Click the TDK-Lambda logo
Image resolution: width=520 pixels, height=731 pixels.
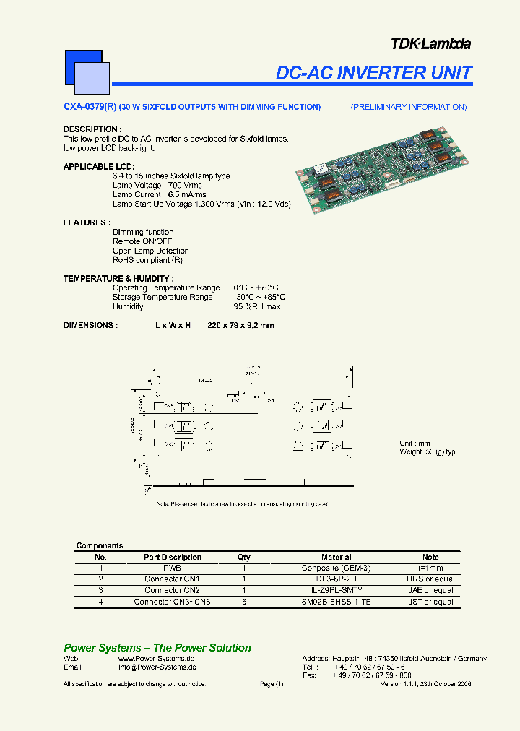click(430, 44)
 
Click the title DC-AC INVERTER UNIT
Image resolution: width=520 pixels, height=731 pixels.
click(374, 73)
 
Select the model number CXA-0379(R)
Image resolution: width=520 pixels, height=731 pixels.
click(90, 107)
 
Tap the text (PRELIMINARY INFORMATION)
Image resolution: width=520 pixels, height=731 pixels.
click(409, 107)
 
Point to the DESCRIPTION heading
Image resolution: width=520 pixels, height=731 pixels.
click(90, 129)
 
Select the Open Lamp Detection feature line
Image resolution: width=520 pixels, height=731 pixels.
click(151, 251)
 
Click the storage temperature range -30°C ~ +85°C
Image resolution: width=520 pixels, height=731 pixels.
click(259, 297)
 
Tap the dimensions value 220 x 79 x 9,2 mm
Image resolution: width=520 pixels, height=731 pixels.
click(240, 325)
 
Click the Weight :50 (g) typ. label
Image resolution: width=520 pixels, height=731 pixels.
click(428, 451)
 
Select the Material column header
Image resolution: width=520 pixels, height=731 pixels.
click(336, 557)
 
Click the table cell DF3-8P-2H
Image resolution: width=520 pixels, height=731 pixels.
click(336, 579)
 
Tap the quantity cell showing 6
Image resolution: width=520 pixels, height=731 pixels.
click(244, 602)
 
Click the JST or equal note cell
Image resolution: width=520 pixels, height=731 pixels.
click(430, 602)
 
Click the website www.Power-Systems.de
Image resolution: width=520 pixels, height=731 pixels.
click(157, 659)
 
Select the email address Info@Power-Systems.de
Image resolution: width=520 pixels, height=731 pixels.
click(157, 667)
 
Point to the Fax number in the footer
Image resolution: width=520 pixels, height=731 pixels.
click(371, 675)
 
